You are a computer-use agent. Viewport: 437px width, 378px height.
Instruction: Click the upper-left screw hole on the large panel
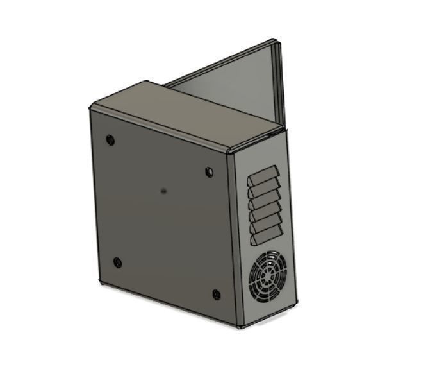[110, 139]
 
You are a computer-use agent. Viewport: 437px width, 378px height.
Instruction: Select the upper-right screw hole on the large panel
[209, 171]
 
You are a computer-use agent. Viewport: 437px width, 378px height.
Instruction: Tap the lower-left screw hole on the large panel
[117, 262]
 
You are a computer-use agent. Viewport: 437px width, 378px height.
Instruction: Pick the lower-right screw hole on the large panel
[217, 295]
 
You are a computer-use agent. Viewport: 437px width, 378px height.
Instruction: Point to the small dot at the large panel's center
[165, 191]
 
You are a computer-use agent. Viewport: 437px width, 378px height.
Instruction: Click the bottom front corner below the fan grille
[240, 326]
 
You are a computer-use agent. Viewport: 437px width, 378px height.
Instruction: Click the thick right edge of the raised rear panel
[279, 83]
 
